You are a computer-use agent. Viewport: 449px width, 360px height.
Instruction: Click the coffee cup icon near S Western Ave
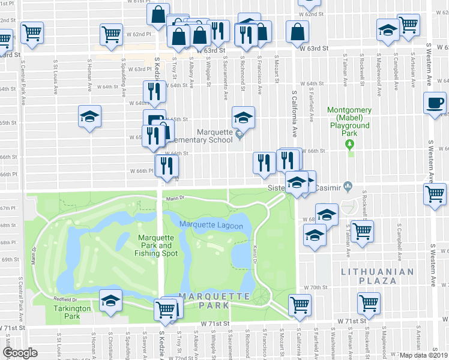point(435,103)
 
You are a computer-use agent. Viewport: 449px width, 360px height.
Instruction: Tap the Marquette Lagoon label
point(211,226)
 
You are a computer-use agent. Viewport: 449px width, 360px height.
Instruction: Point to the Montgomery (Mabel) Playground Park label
point(350,121)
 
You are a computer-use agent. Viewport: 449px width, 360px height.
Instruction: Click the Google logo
point(20,353)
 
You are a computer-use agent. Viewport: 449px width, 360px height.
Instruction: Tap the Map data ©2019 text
point(424,355)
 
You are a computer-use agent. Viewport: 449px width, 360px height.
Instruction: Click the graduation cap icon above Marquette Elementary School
point(243,116)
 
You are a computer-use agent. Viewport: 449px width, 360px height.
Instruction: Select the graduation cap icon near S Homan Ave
point(89,115)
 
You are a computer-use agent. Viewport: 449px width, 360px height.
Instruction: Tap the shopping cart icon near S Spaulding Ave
point(112,34)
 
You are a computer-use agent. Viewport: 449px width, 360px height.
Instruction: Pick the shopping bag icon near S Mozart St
point(298,31)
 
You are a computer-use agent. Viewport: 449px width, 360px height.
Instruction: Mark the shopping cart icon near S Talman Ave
point(362,230)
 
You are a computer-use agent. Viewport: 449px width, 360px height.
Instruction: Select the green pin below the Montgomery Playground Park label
point(351,148)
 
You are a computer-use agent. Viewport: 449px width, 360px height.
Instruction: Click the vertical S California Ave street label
point(295,114)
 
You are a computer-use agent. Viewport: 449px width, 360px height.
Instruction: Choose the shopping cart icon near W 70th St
point(368,302)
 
